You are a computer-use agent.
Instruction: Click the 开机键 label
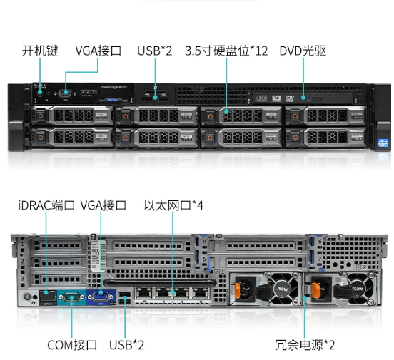pos(40,51)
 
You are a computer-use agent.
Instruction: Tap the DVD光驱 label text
pos(303,51)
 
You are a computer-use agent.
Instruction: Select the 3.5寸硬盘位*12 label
pos(226,51)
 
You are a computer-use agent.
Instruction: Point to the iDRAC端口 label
pos(46,205)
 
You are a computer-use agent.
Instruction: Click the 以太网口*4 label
pos(173,205)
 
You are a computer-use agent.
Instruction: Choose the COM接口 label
pos(72,345)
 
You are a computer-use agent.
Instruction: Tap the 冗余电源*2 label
pos(305,345)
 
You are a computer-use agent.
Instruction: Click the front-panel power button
pos(40,93)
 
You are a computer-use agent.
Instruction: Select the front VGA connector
pos(66,93)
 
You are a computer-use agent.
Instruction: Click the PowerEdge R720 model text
pos(113,87)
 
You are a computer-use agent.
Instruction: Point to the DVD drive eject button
pos(317,99)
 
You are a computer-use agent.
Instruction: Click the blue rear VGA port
pos(101,297)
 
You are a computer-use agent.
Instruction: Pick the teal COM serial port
pos(71,297)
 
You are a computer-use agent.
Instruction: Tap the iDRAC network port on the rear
pos(47,297)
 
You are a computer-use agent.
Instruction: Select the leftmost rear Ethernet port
pos(143,293)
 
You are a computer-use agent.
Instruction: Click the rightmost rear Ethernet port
pos(201,293)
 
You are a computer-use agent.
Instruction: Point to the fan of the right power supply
pos(360,289)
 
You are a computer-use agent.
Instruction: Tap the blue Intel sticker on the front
pos(383,143)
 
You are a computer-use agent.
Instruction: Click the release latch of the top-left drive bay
pos(40,116)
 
